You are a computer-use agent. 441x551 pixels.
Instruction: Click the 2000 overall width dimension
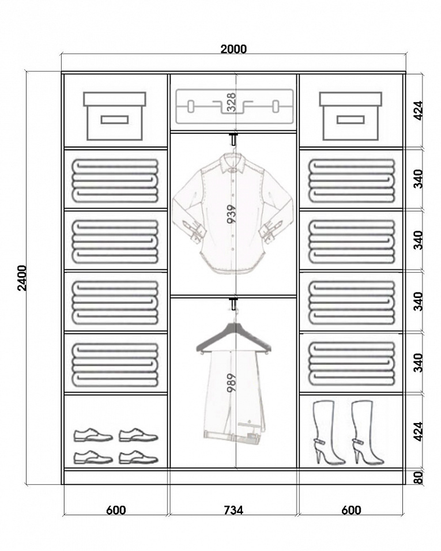point(233,49)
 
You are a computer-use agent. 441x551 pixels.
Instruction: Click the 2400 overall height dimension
point(22,278)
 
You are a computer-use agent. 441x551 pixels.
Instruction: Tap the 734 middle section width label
point(233,510)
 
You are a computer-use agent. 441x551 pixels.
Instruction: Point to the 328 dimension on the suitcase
point(231,102)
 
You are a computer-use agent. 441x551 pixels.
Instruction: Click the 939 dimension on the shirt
point(231,214)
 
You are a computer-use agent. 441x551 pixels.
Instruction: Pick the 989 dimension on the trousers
point(231,383)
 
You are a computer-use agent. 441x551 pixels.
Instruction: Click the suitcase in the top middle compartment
point(235,107)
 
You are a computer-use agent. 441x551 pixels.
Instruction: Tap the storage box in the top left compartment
point(115,116)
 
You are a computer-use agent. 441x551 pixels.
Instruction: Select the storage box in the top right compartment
point(350,116)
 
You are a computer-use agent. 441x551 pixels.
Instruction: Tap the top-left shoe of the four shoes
point(93,435)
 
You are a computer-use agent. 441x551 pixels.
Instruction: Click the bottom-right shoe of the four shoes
point(138,457)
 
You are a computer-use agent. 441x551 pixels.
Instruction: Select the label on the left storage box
point(115,120)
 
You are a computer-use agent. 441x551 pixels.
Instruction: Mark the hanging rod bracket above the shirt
point(233,138)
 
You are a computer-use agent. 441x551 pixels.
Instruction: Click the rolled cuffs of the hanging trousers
point(233,436)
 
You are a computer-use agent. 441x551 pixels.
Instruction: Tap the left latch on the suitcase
point(190,106)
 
